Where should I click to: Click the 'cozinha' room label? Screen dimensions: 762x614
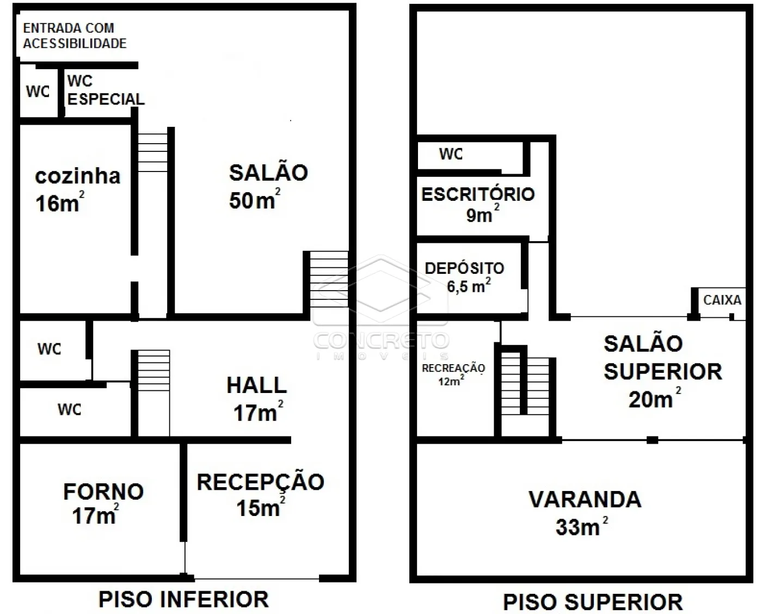[77, 176]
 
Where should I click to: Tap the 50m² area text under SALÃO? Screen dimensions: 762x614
[255, 199]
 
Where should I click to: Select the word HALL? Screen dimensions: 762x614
[257, 385]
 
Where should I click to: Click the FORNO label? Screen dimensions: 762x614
[103, 492]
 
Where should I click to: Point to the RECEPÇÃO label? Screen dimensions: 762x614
[261, 482]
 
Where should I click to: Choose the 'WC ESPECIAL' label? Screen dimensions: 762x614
[106, 90]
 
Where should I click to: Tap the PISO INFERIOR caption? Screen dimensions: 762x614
[183, 599]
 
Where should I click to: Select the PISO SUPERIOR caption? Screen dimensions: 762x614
[593, 602]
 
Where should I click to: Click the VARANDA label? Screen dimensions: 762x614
[585, 499]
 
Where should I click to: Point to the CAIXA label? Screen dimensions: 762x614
[722, 300]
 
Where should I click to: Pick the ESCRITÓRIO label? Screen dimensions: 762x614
[478, 194]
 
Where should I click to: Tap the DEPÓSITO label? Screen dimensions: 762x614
[464, 268]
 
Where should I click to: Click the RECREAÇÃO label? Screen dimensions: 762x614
[453, 369]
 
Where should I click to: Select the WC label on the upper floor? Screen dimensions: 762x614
[451, 153]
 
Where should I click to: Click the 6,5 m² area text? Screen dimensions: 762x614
[469, 285]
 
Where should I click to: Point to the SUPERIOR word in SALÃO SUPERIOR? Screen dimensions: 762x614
[663, 371]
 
